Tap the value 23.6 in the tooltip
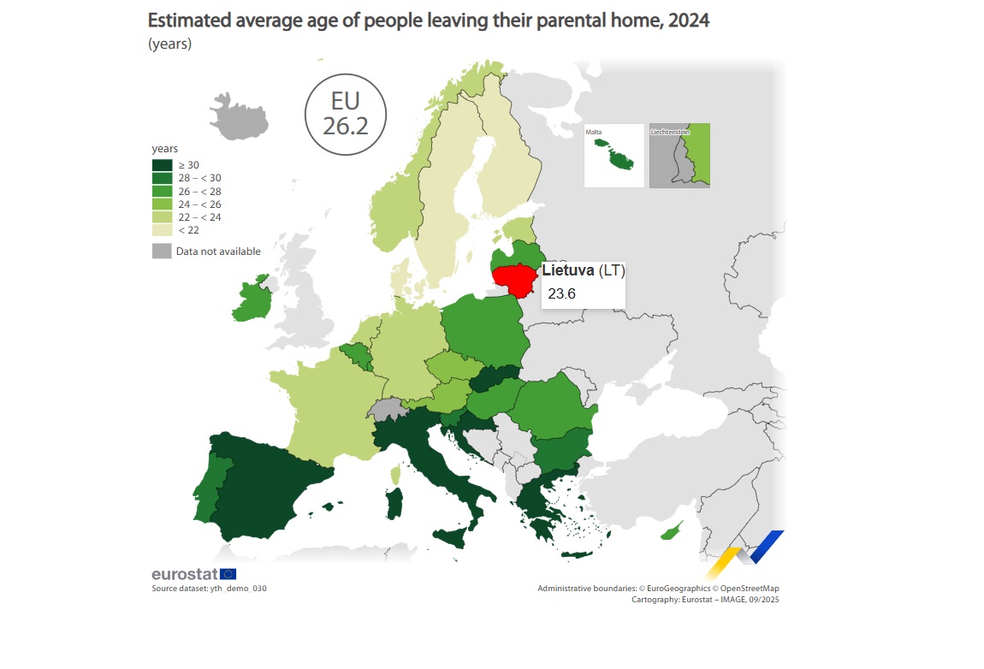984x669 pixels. coord(561,293)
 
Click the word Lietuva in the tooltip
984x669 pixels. coord(568,270)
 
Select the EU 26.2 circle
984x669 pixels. coord(345,115)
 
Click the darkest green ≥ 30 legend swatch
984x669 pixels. coord(162,165)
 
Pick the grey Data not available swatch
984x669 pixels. coord(162,251)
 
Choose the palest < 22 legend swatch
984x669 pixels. coord(162,229)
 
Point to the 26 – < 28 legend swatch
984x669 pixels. coord(162,191)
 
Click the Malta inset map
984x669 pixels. coord(614,156)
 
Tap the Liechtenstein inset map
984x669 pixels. coord(679,156)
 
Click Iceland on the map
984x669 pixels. coord(239,118)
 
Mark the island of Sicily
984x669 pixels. coord(451,537)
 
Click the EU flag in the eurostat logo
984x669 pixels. coord(228,573)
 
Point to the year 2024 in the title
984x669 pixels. coord(689,20)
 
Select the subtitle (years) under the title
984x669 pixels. coord(170,44)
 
